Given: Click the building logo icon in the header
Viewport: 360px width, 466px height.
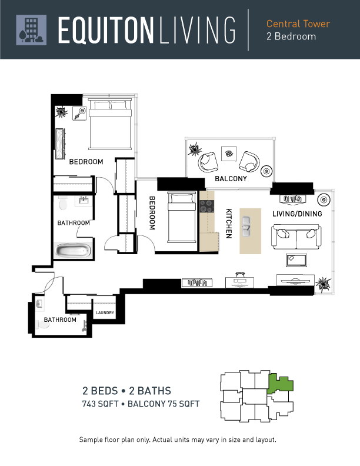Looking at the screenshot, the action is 31,30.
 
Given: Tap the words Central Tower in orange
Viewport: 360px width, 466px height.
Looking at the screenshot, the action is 298,24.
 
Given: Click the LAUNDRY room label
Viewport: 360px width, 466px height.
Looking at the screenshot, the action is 105,312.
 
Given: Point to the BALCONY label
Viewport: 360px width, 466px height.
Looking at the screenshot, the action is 231,179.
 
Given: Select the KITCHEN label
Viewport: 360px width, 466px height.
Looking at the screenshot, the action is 229,223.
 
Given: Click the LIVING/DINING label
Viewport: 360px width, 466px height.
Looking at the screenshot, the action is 297,214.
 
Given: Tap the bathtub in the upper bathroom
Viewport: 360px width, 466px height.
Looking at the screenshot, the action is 73,250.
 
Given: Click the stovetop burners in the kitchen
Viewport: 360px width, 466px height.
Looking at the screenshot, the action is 206,206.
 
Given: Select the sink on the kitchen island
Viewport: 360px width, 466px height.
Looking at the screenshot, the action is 246,227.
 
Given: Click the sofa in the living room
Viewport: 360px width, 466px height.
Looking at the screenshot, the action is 296,237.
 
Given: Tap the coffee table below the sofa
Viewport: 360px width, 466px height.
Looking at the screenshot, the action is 296,260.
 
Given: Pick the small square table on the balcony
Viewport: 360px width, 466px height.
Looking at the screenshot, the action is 229,154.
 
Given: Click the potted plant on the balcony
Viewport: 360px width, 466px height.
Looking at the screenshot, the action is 195,149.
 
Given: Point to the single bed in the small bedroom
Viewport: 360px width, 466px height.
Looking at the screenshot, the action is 182,218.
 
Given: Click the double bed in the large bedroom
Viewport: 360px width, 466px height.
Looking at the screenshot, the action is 110,125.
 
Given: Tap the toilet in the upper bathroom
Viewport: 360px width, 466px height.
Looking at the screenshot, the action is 63,202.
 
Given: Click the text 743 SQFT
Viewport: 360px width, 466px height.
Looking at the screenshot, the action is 101,404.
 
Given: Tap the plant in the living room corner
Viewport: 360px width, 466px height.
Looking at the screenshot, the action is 323,284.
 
